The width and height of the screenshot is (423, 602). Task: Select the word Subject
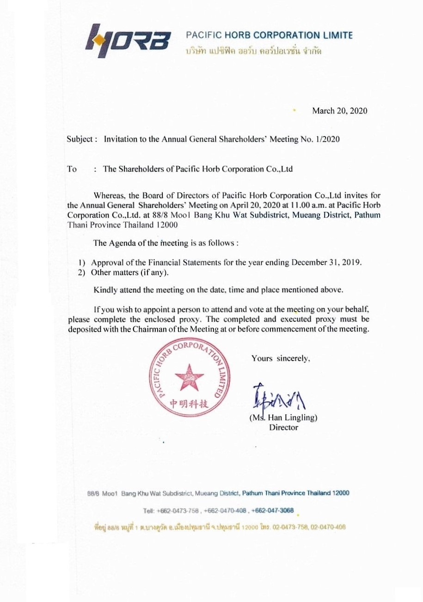pyautogui.click(x=81, y=139)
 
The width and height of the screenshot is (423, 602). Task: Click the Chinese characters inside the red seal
pyautogui.click(x=190, y=404)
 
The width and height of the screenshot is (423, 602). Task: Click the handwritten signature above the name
pyautogui.click(x=277, y=397)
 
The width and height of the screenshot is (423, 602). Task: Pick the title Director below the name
pyautogui.click(x=284, y=427)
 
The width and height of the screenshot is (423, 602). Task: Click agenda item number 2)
pyautogui.click(x=84, y=272)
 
